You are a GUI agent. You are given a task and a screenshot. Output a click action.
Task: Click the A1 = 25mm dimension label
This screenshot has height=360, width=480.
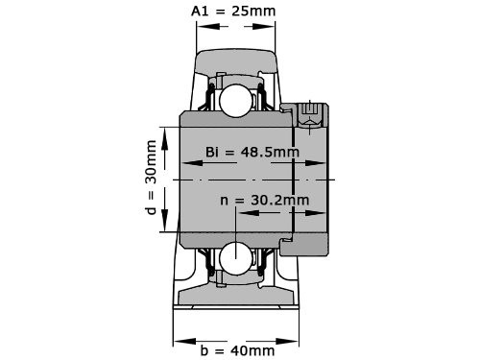coord(234,12)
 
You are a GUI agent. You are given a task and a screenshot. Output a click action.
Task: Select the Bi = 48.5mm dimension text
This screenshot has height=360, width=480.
coord(252,152)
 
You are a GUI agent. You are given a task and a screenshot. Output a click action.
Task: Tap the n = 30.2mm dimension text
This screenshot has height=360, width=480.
coord(264,200)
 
